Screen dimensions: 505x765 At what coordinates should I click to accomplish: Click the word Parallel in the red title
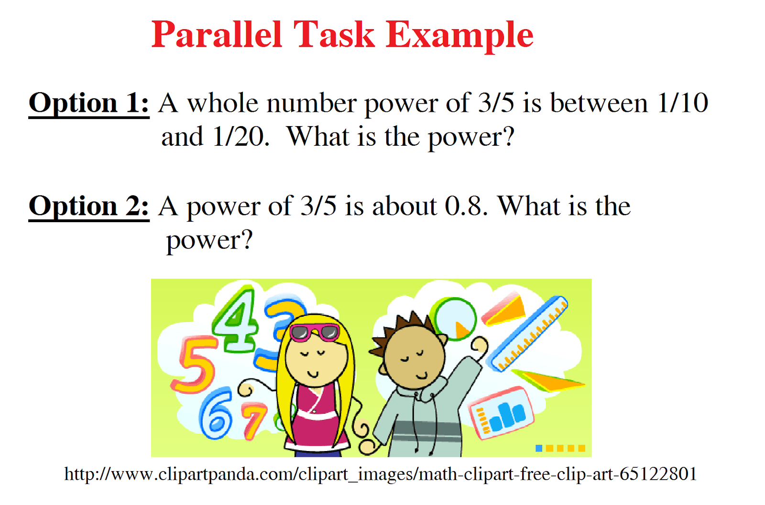coord(217,35)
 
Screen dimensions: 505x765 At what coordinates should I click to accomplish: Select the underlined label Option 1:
coord(89,103)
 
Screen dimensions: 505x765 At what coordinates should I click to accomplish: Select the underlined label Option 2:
coord(89,206)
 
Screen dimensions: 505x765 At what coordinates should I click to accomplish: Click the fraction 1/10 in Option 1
coord(682,103)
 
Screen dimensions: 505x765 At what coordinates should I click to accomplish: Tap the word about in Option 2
coord(404,206)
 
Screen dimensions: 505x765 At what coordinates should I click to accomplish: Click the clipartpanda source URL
coord(381,474)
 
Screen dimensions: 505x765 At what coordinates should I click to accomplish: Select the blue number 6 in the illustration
coord(216,413)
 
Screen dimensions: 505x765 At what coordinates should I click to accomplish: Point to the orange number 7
coord(254,420)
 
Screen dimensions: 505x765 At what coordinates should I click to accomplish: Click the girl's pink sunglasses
coord(315,332)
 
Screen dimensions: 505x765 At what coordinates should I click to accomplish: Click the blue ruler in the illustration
coord(529,333)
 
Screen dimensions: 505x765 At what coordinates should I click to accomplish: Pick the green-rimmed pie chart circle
coord(455,318)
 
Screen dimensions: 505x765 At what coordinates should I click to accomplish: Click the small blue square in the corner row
coord(539,448)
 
